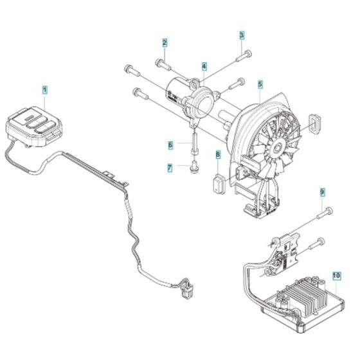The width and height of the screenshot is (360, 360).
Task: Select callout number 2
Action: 165,43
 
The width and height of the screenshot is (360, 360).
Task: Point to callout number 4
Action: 204,66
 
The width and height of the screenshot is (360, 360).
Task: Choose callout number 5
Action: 260,84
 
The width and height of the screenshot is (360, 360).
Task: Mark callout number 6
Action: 170,145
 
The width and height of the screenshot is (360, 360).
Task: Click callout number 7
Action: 170,168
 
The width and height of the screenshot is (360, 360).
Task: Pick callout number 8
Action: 218,154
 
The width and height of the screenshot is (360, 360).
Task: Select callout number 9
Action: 323,192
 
